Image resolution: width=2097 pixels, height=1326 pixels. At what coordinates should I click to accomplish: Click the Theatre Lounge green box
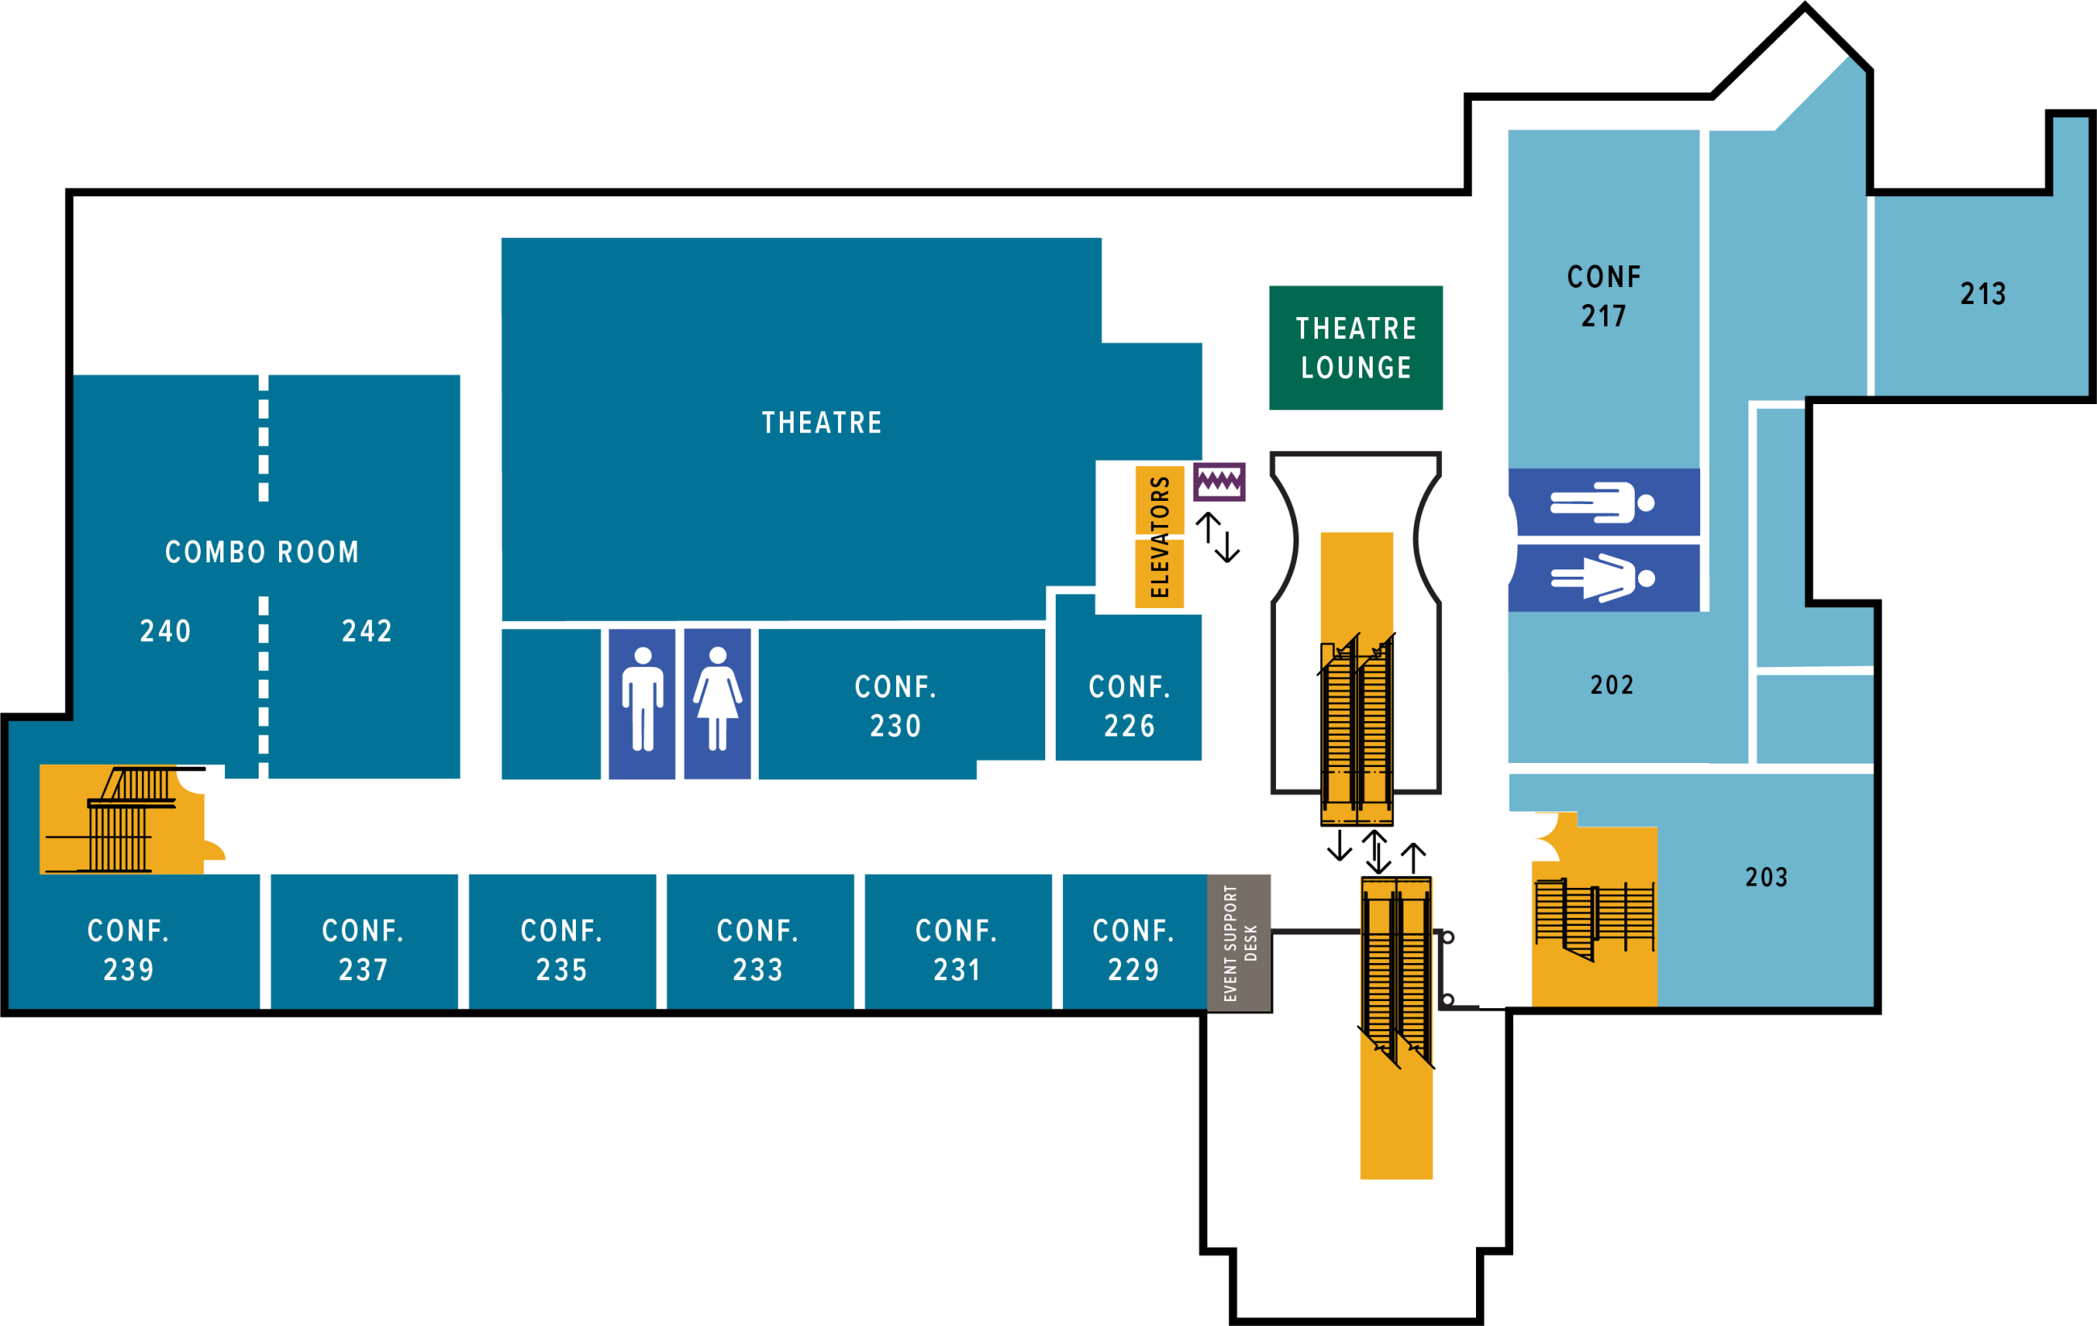pyautogui.click(x=1355, y=348)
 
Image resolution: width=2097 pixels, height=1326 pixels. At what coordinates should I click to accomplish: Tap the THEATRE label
pyautogui.click(x=822, y=423)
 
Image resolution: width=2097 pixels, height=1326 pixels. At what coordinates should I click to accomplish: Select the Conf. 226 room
pyautogui.click(x=1128, y=705)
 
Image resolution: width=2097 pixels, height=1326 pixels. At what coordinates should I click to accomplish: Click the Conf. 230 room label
pyautogui.click(x=895, y=705)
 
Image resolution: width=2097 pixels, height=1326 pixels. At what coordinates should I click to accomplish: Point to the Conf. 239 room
pyautogui.click(x=129, y=949)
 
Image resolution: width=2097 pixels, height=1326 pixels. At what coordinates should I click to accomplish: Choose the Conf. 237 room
pyautogui.click(x=363, y=949)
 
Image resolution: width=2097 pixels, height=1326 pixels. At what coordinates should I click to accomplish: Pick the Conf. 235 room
pyautogui.click(x=561, y=949)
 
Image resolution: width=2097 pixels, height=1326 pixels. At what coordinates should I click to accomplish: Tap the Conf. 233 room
pyautogui.click(x=758, y=949)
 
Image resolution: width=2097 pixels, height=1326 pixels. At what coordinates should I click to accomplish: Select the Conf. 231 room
pyautogui.click(x=957, y=949)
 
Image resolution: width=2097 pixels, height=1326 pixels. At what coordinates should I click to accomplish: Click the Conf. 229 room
pyautogui.click(x=1134, y=949)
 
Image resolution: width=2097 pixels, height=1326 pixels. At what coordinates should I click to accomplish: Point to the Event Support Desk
pyautogui.click(x=1239, y=942)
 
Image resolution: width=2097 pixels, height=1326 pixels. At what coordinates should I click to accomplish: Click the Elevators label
pyautogui.click(x=1159, y=536)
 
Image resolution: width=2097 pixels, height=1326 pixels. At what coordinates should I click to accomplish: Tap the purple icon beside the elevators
pyautogui.click(x=1219, y=482)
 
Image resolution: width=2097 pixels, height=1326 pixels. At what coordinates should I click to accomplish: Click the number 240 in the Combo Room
pyautogui.click(x=165, y=631)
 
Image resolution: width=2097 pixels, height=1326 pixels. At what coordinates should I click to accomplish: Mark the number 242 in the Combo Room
pyautogui.click(x=367, y=631)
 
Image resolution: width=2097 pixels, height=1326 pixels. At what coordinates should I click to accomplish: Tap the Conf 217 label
pyautogui.click(x=1603, y=296)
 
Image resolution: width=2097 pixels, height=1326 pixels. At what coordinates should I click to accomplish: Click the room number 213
pyautogui.click(x=1983, y=294)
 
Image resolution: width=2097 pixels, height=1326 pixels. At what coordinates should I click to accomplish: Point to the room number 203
pyautogui.click(x=1766, y=877)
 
